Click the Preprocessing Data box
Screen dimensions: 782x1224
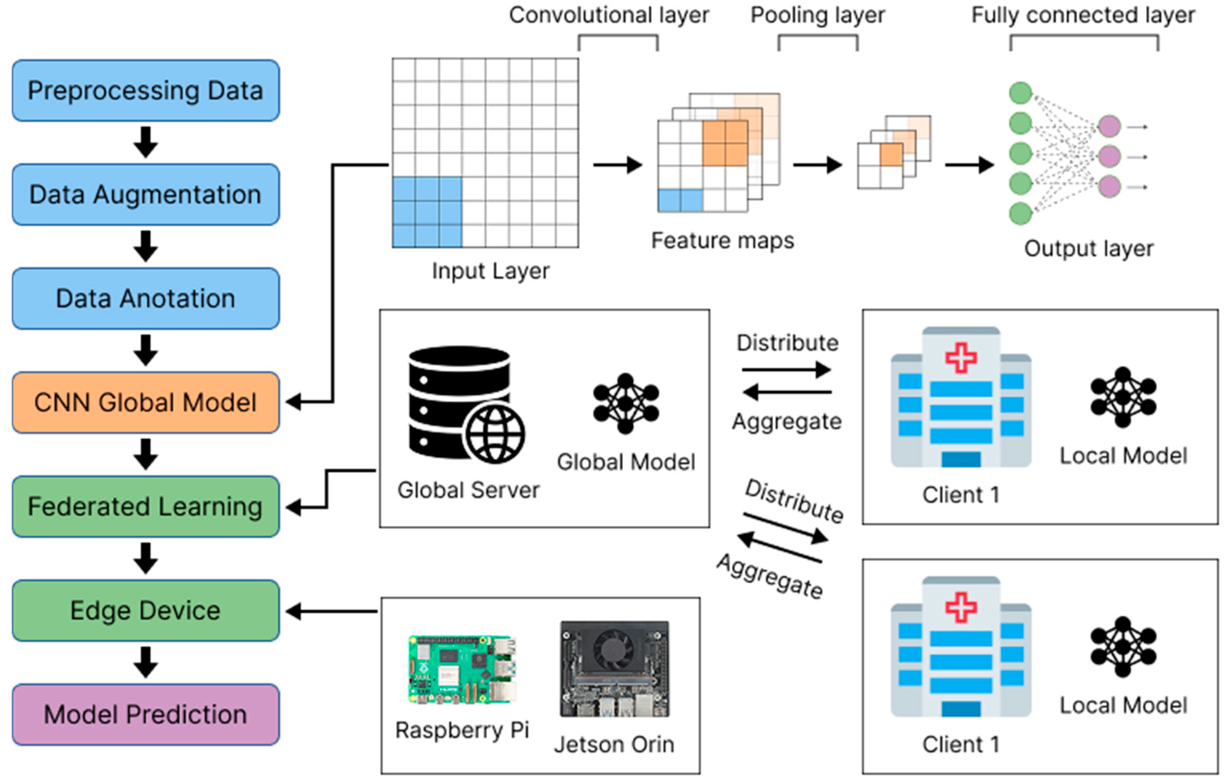(x=145, y=91)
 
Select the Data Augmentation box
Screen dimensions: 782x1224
(x=145, y=195)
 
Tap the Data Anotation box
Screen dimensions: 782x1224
(x=145, y=299)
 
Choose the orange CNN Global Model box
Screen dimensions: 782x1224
(x=145, y=403)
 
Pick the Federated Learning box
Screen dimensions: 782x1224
(x=145, y=507)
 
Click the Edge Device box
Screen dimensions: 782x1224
(x=145, y=610)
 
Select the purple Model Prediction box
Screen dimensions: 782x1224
(x=145, y=714)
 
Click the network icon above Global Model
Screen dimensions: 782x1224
(x=626, y=404)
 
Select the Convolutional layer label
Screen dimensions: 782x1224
(x=609, y=15)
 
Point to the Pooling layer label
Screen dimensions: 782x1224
(x=817, y=15)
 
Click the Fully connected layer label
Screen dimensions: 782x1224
(x=1083, y=15)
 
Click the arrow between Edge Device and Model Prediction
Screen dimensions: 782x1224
(x=145, y=662)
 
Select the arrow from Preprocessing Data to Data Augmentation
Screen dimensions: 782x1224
(x=145, y=142)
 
